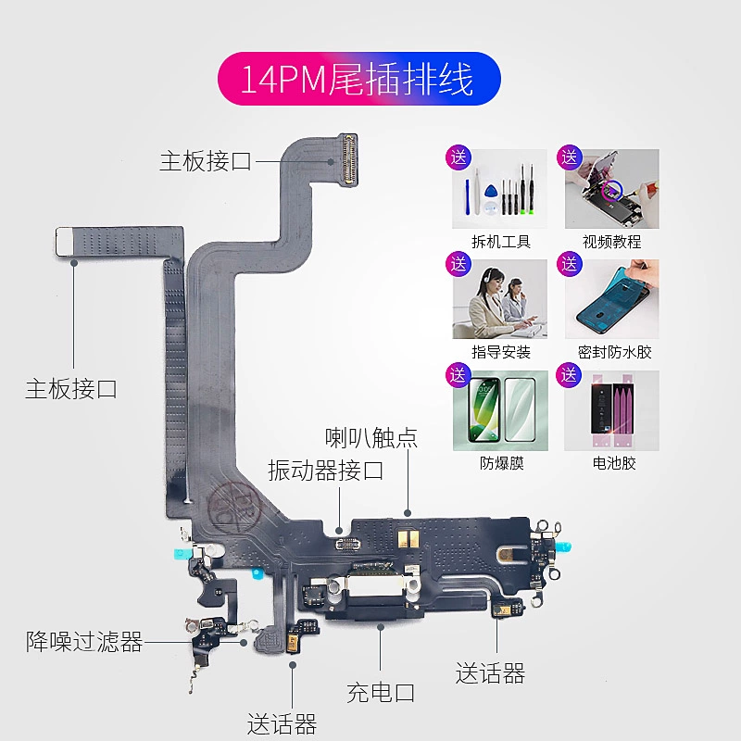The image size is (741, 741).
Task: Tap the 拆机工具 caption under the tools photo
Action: [501, 242]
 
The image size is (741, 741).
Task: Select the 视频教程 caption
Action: [611, 242]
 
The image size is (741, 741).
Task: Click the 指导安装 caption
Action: [501, 352]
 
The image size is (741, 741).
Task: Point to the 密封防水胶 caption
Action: [615, 352]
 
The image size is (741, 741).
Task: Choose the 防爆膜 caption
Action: [501, 463]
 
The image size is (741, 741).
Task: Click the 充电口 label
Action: [381, 691]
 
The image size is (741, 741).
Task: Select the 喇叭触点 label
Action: [370, 437]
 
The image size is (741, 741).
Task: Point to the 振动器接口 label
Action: [325, 471]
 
